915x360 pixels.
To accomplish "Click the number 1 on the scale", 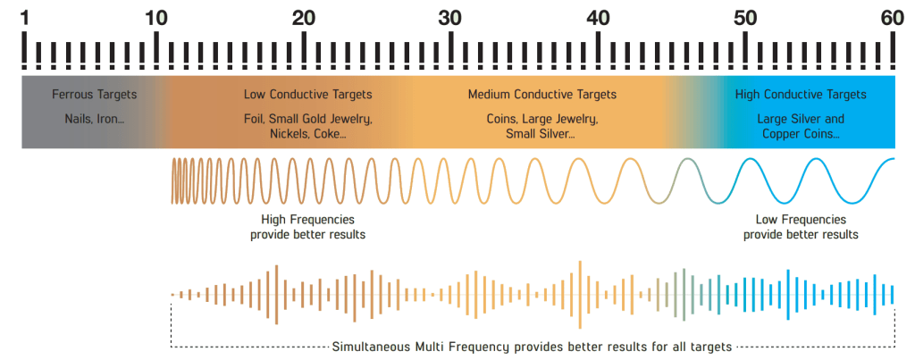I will point(24,16).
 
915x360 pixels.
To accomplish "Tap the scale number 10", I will point(156,16).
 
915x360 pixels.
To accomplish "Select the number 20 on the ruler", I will point(304,16).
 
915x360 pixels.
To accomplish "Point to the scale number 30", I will point(450,16).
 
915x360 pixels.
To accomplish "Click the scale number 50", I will point(745,16).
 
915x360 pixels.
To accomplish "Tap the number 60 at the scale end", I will point(892,16).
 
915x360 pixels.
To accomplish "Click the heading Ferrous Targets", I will point(95,94).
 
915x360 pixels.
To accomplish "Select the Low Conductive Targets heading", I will point(307,94).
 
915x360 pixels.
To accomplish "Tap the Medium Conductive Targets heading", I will point(542,94).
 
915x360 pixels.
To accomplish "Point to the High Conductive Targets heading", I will point(801,94).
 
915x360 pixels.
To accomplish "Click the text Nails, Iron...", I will point(93,119).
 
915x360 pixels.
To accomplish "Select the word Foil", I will point(255,119).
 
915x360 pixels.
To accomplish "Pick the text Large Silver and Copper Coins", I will point(801,126).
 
